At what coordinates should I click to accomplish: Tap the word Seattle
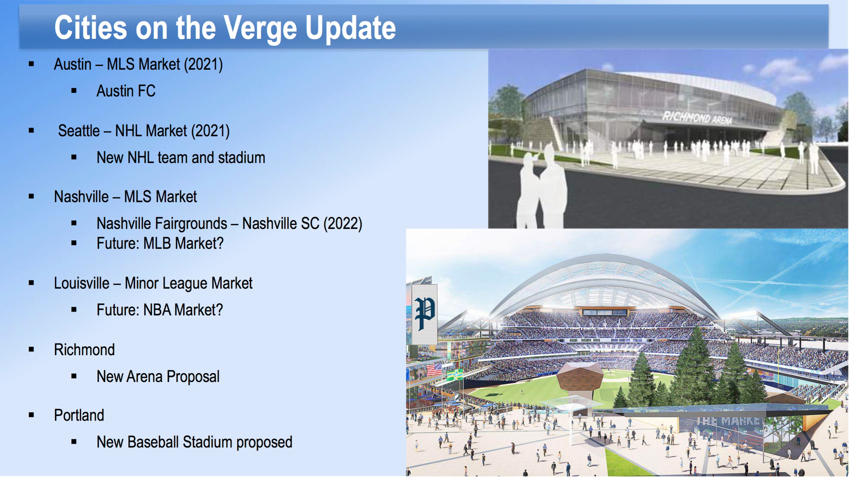pyautogui.click(x=79, y=131)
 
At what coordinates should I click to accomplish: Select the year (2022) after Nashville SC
pyautogui.click(x=343, y=224)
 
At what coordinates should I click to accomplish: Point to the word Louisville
pyautogui.click(x=81, y=283)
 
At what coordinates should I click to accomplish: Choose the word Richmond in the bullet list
pyautogui.click(x=84, y=350)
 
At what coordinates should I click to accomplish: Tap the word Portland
pyautogui.click(x=79, y=415)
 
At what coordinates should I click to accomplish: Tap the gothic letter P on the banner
pyautogui.click(x=425, y=313)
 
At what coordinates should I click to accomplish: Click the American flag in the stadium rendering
pyautogui.click(x=434, y=370)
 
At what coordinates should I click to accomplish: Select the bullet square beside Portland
pyautogui.click(x=31, y=415)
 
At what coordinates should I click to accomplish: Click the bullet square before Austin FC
pyautogui.click(x=74, y=91)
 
